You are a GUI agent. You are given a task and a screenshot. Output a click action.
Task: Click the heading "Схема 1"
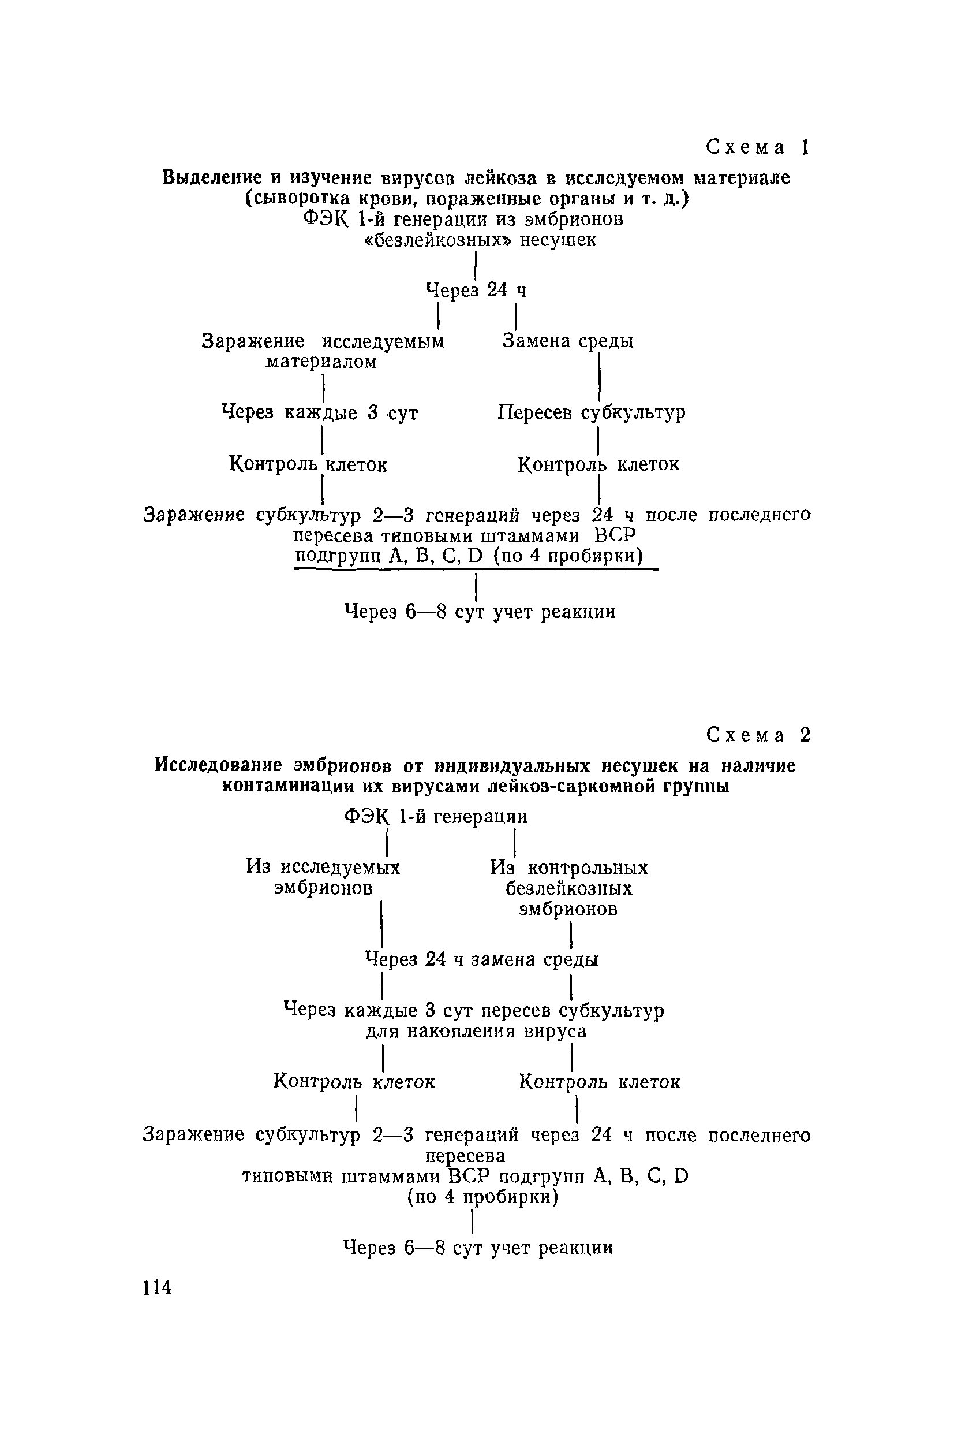(x=757, y=147)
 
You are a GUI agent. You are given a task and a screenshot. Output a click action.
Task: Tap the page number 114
(x=157, y=1287)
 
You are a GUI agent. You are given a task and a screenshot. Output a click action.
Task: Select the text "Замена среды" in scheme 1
(x=568, y=341)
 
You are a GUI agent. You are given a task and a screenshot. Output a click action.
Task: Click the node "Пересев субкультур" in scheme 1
(x=592, y=413)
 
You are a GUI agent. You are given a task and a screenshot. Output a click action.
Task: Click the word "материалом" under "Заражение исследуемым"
(x=322, y=362)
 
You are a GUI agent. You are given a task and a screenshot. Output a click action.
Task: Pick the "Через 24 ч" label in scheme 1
(x=476, y=291)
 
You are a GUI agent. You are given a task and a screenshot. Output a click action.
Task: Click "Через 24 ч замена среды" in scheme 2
(x=481, y=959)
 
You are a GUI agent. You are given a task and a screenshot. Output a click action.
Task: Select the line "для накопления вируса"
(x=476, y=1031)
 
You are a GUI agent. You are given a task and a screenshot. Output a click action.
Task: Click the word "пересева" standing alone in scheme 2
(x=465, y=1155)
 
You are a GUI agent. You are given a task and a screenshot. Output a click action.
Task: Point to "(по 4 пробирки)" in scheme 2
(x=482, y=1197)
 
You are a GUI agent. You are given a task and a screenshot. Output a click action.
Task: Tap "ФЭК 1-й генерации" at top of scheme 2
(x=436, y=816)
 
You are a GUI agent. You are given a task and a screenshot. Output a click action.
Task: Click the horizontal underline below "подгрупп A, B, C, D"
(x=476, y=570)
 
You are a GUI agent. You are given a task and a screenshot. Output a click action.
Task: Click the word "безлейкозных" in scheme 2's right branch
(x=569, y=889)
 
